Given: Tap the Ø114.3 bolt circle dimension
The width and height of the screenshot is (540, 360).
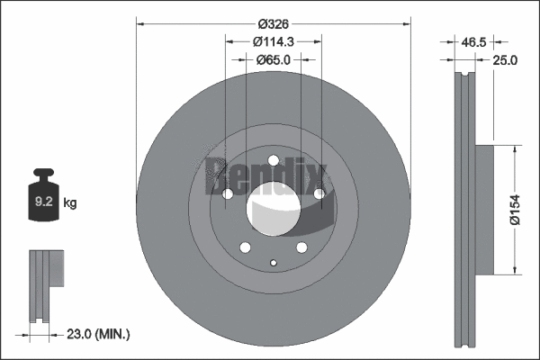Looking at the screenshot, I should (x=273, y=41).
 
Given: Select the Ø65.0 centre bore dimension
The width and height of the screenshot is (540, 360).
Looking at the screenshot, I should (x=273, y=59).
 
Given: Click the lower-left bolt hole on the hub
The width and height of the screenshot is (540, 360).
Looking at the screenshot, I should (x=244, y=248).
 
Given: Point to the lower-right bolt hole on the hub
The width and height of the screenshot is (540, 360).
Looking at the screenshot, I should (x=302, y=248).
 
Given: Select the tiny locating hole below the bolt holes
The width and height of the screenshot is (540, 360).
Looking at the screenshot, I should (x=274, y=263).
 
